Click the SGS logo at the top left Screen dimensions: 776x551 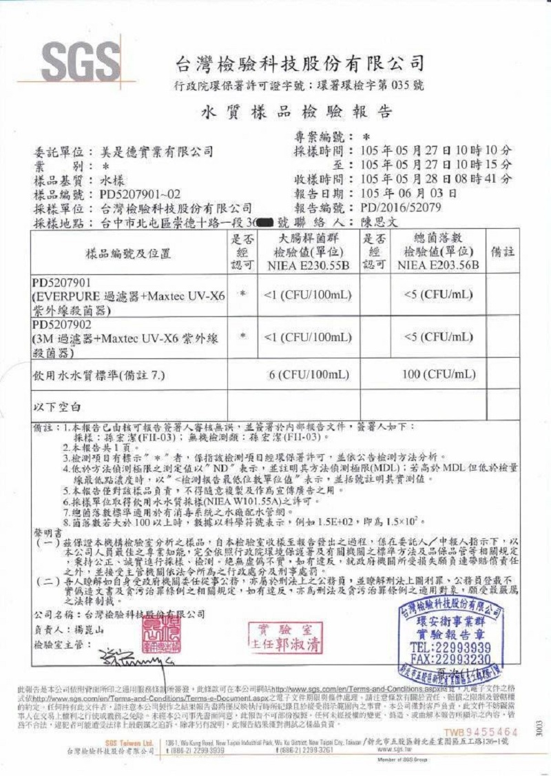(x=81, y=61)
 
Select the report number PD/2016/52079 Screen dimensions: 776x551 (x=401, y=207)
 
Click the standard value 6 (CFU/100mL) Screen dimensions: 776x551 (x=307, y=374)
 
